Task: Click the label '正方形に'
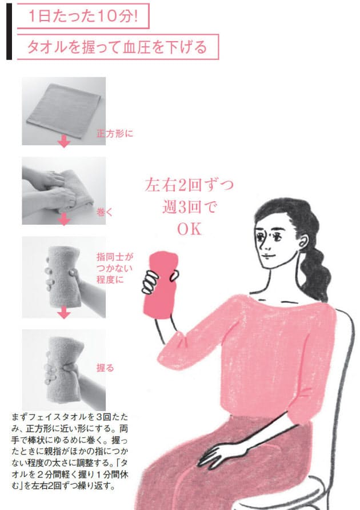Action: click(115, 135)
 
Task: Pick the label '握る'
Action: click(106, 368)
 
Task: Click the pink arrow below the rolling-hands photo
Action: click(64, 220)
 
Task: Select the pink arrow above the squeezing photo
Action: click(64, 313)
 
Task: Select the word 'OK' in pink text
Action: click(190, 229)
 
